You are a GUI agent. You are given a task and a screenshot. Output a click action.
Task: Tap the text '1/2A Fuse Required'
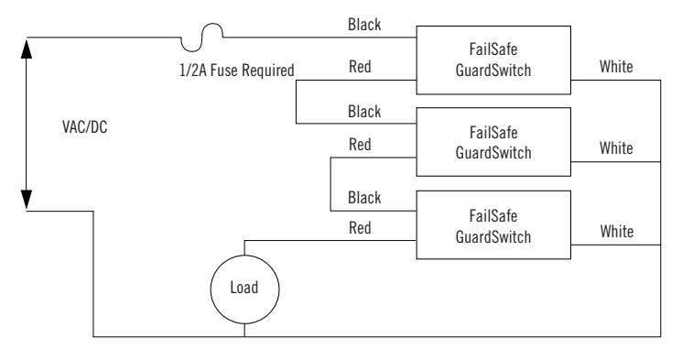(236, 71)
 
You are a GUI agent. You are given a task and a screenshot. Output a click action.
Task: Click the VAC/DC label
(85, 127)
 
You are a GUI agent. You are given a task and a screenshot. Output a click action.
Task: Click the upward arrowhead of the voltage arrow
(27, 49)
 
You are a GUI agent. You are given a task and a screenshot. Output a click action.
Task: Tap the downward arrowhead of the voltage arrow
(27, 200)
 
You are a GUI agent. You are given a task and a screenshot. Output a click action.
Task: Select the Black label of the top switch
(364, 25)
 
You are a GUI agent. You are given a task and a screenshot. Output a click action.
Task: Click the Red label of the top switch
(360, 67)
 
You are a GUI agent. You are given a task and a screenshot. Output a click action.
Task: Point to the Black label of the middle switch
(364, 112)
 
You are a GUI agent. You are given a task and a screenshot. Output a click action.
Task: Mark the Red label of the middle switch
(360, 144)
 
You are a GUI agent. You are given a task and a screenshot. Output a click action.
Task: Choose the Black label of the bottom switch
(364, 198)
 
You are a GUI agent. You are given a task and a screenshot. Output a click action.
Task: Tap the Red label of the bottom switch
(360, 228)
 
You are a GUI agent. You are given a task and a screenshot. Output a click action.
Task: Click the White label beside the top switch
(616, 67)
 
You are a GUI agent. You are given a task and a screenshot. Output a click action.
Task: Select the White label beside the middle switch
(616, 148)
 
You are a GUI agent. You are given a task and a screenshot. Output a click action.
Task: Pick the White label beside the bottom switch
(617, 231)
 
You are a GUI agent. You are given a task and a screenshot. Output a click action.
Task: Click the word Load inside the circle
(244, 288)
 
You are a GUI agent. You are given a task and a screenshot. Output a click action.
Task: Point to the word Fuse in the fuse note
(224, 71)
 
